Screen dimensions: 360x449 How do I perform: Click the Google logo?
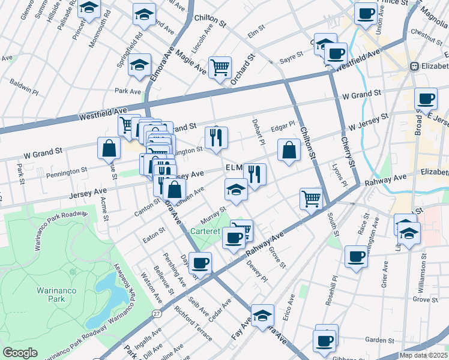click(x=20, y=353)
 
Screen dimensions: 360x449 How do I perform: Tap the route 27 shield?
click(x=156, y=313)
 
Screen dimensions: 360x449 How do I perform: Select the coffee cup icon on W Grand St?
click(x=426, y=98)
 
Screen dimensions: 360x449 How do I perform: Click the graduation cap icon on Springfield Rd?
click(x=140, y=64)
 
